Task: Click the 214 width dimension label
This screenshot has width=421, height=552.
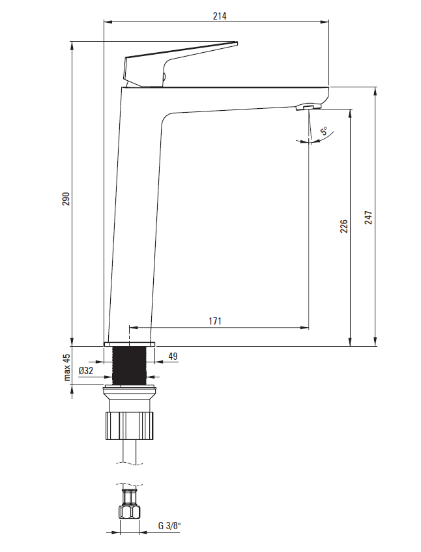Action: click(220, 16)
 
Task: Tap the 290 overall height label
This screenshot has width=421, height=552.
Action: click(66, 199)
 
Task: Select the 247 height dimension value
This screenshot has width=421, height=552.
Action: click(368, 218)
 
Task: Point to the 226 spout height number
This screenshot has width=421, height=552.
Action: click(344, 226)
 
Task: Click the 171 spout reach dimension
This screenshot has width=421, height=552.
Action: click(215, 321)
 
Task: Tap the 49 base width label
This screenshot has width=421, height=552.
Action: click(173, 356)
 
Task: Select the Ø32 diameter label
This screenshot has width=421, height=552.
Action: click(86, 370)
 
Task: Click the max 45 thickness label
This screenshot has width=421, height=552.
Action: click(67, 367)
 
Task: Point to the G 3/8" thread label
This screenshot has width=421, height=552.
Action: click(169, 526)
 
